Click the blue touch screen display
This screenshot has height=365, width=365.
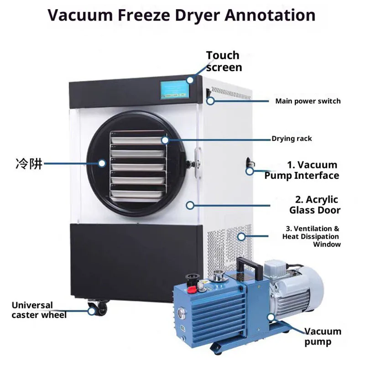click(x=176, y=90)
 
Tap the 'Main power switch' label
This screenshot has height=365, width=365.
click(x=308, y=101)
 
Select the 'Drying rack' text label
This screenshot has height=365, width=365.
click(x=292, y=139)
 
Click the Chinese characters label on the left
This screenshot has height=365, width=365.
click(x=29, y=164)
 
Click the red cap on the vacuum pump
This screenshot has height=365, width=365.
click(x=191, y=290)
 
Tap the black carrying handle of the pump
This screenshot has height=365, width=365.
click(x=249, y=266)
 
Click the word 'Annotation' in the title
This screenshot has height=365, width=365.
click(x=270, y=15)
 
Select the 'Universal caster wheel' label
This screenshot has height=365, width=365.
click(x=39, y=310)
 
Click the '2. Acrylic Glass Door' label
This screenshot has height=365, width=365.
click(x=315, y=205)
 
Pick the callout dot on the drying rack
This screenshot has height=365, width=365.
click(x=165, y=140)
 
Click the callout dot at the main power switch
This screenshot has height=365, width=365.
click(x=210, y=101)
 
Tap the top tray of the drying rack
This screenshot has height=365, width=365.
click(x=137, y=140)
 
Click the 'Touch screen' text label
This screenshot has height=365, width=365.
click(x=224, y=62)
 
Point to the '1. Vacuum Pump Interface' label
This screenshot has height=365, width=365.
click(x=302, y=170)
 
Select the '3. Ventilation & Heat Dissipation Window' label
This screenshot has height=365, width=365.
click(x=311, y=236)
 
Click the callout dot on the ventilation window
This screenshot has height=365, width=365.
click(x=241, y=237)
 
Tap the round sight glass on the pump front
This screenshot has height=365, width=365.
click(x=180, y=312)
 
